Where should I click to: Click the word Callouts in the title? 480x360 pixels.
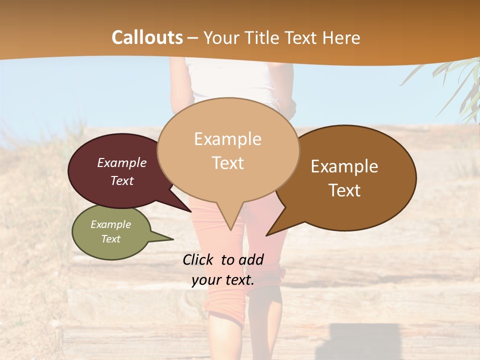147,37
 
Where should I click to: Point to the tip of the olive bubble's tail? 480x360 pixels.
173,239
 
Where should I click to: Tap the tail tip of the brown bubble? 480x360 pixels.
266,235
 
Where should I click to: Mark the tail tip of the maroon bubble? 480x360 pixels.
190,211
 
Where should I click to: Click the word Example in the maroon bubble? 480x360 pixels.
122,162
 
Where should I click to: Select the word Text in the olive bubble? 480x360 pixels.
111,239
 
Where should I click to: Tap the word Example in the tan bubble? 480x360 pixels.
227,139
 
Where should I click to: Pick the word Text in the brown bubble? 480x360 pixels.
345,190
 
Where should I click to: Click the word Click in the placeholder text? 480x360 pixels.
198,259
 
